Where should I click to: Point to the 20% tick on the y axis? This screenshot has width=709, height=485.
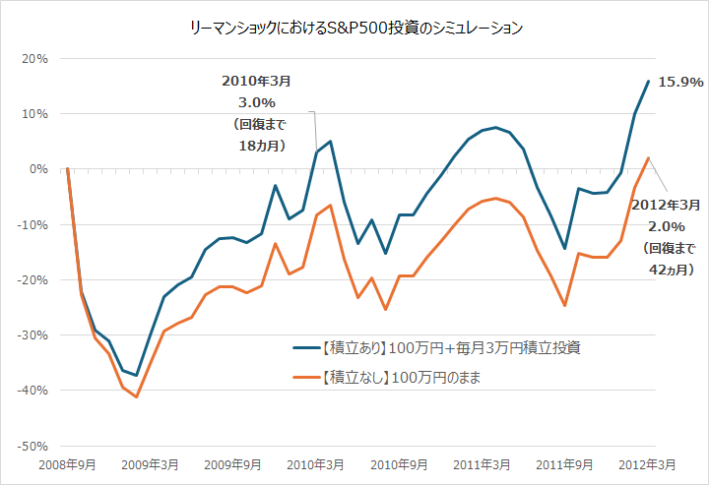tap(35, 58)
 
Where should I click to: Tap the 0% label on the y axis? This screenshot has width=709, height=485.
tap(39, 169)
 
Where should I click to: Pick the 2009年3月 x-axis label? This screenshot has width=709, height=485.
tap(151, 463)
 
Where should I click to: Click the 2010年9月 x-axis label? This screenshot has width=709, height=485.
tap(399, 463)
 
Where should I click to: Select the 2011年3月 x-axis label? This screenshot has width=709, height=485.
tap(482, 463)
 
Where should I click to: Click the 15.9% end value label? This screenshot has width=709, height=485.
tap(680, 82)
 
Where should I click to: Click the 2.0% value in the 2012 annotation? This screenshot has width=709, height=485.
tap(665, 226)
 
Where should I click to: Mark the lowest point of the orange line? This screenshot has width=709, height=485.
tap(137, 396)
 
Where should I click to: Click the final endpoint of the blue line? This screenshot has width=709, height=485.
tap(648, 81)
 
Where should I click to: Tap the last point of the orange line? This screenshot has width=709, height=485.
tap(648, 157)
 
